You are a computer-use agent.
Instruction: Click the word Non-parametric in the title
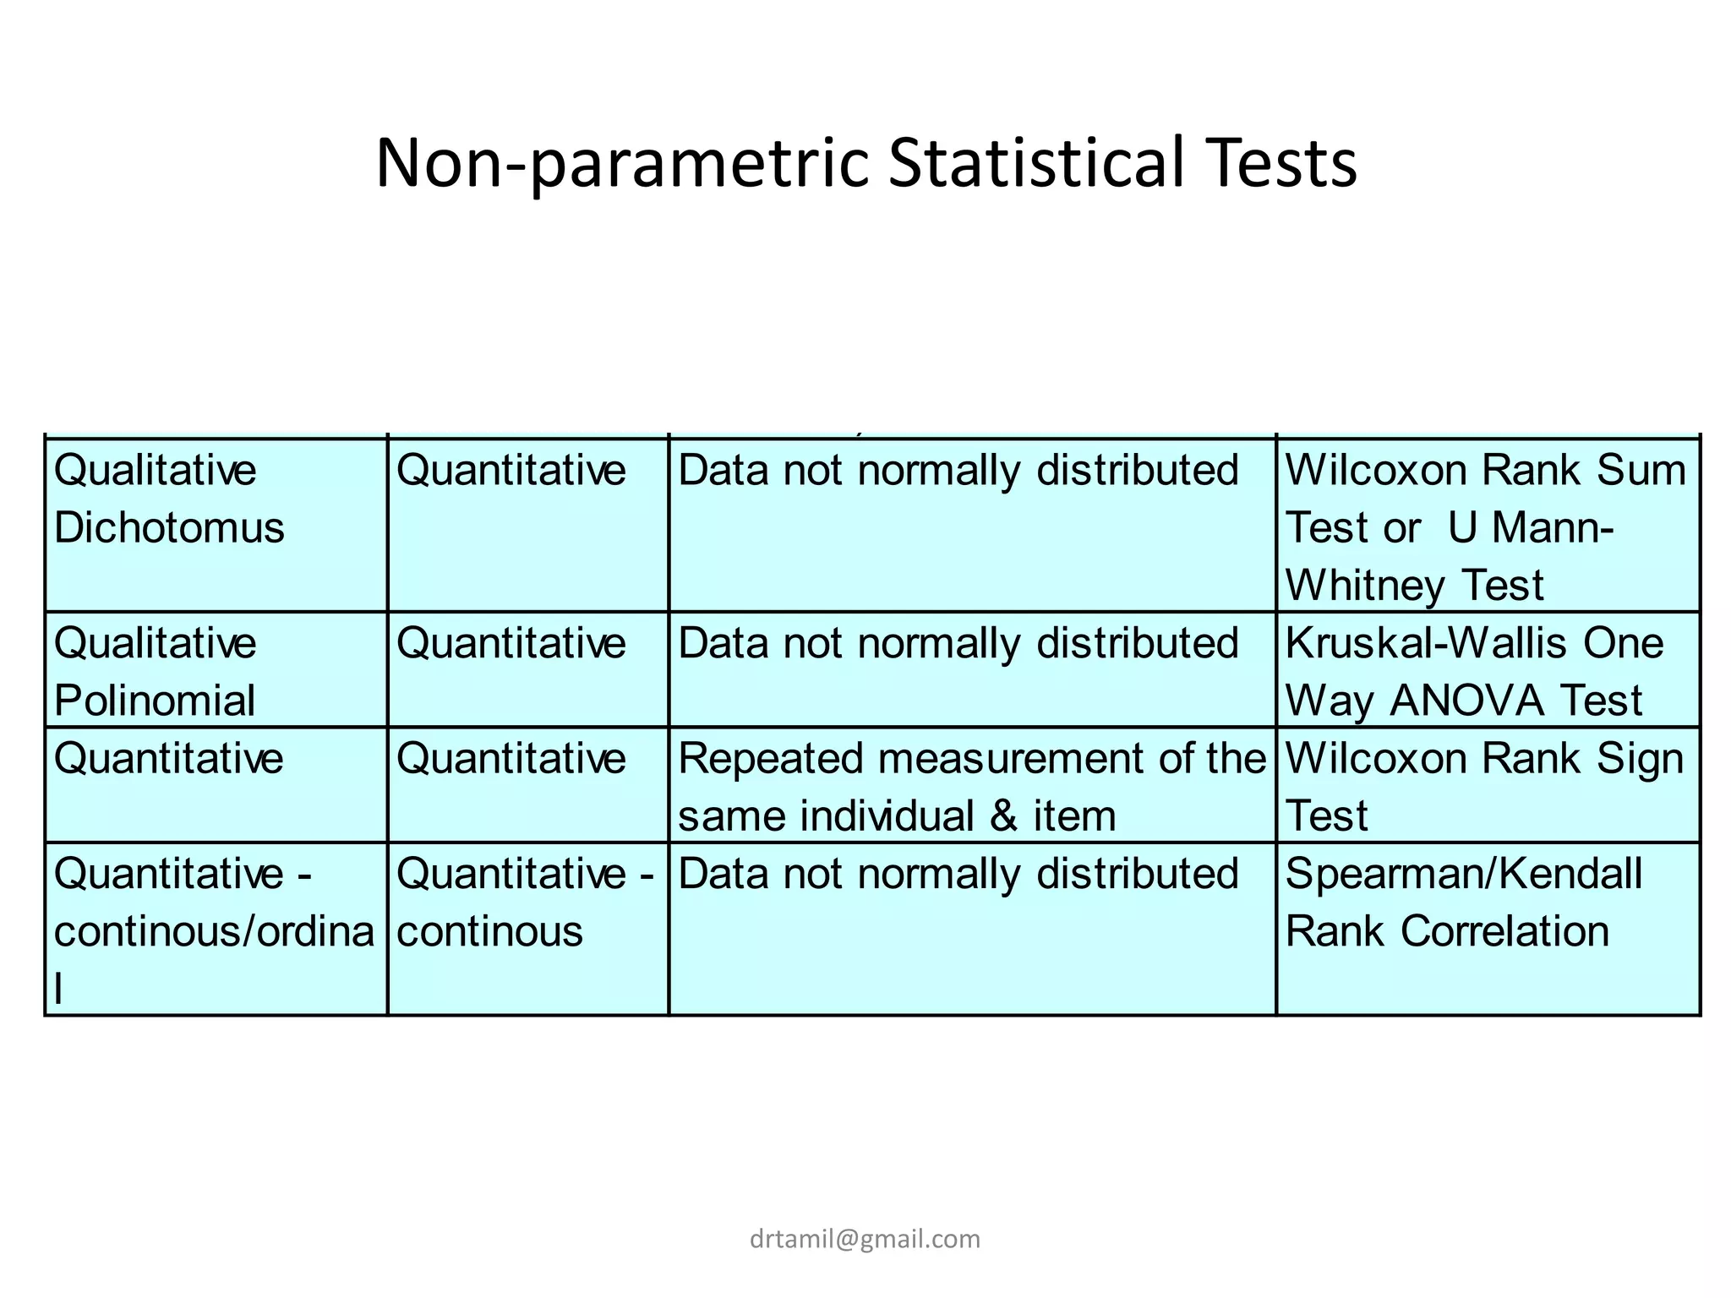click(622, 163)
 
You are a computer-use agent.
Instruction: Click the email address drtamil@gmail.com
click(865, 1239)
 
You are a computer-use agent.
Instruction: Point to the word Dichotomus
click(169, 527)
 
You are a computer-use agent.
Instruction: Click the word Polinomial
click(155, 701)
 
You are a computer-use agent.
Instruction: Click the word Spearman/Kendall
click(1463, 874)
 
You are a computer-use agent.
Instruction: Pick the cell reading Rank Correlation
click(1446, 931)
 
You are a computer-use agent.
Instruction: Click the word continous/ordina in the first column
click(214, 931)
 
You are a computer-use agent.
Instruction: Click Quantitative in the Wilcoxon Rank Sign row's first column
click(169, 758)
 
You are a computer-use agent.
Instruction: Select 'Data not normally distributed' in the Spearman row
click(958, 874)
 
